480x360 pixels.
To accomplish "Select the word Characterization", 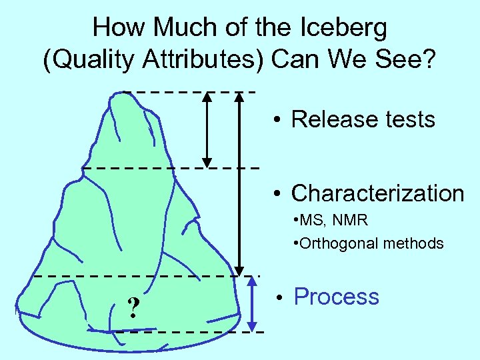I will click(377, 193).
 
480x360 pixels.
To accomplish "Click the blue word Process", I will click(336, 297).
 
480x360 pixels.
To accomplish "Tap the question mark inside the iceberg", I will click(134, 307).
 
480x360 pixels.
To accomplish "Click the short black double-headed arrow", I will click(207, 129).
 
